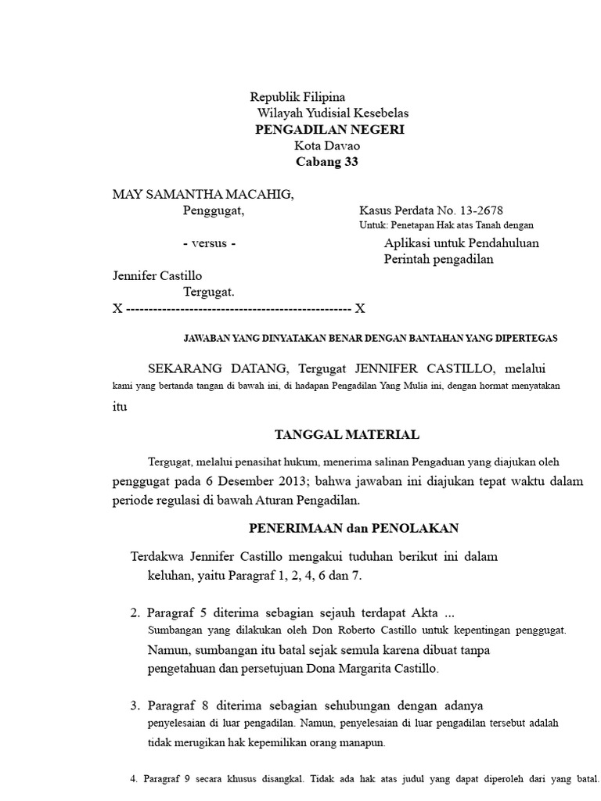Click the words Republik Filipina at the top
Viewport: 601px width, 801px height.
297,98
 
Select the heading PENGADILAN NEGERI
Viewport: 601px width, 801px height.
329,130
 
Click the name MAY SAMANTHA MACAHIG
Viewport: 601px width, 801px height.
203,194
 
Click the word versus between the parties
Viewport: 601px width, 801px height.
209,243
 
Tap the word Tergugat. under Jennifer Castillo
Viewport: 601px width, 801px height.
209,292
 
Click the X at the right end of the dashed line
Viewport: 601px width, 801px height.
360,309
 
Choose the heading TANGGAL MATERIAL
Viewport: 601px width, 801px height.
347,434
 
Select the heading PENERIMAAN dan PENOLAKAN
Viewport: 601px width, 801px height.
353,528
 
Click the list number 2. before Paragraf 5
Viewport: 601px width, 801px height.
135,612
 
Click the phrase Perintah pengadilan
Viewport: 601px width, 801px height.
438,260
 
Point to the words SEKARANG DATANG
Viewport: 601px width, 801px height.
217,368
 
